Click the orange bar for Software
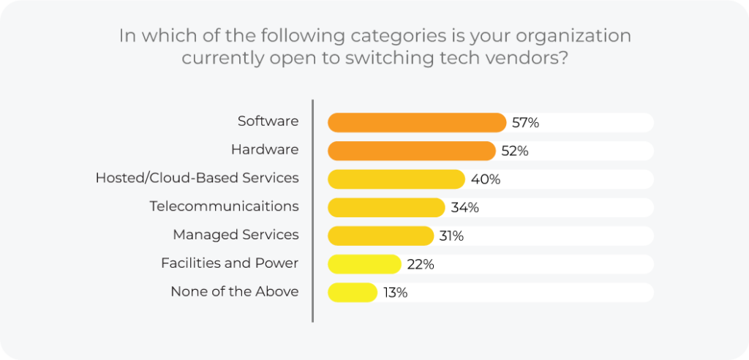417,122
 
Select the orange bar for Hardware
411,151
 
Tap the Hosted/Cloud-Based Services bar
396,179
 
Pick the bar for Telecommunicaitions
386,207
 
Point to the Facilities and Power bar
364,263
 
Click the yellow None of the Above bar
353,292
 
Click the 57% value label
525,123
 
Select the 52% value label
514,151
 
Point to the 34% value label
464,208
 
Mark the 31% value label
451,236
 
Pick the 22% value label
421,264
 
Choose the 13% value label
395,293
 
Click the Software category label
268,121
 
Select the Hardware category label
265,150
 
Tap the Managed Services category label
236,235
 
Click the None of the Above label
234,291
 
